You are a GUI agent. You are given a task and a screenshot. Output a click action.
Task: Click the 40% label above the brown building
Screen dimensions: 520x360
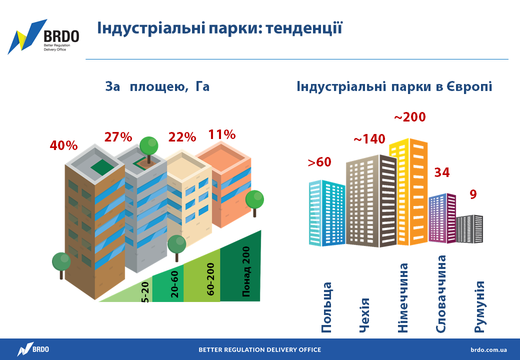click(63, 145)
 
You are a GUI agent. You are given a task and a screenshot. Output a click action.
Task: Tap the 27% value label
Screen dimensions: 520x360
click(118, 137)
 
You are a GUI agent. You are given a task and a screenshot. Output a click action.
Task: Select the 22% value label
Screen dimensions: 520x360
click(182, 137)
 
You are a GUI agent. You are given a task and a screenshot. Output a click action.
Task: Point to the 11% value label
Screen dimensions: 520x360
click(222, 134)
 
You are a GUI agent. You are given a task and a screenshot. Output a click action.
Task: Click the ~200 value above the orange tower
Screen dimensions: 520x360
click(410, 117)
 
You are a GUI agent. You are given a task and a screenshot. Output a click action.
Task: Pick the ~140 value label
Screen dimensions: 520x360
click(369, 139)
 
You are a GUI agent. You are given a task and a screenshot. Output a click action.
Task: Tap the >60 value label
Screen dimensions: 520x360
click(319, 162)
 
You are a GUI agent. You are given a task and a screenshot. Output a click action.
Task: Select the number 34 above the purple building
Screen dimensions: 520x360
click(442, 172)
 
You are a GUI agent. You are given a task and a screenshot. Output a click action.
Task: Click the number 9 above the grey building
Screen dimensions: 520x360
click(473, 194)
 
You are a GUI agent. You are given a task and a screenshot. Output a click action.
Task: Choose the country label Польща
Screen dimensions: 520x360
click(326, 307)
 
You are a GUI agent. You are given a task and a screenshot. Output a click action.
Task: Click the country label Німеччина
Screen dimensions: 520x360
click(402, 297)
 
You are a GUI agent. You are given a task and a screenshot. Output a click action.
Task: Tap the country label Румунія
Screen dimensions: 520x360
click(479, 307)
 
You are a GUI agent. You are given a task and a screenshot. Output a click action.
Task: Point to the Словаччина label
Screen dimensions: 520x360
click(440, 294)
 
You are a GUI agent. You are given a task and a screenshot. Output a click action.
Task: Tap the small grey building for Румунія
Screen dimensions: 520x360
click(469, 229)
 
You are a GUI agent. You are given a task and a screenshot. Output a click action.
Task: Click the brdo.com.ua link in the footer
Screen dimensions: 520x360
click(488, 349)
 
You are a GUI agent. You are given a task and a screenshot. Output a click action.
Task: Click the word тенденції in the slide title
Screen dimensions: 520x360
click(304, 27)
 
